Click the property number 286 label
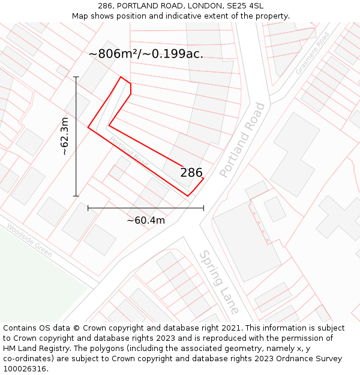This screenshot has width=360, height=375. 191,173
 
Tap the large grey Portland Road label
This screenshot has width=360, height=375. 242,140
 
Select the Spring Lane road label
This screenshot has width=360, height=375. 219,282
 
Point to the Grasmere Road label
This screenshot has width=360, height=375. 312,54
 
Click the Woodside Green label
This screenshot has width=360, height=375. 29,241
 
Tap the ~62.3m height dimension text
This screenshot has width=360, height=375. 65,136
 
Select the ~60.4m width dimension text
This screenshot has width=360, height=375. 145,220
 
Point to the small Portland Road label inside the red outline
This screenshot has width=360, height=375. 128,151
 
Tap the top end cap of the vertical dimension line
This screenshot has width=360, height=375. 76,77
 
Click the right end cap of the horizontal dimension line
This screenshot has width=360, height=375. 203,208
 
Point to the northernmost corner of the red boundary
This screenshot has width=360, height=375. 121,77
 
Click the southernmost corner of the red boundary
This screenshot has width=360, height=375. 188,196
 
